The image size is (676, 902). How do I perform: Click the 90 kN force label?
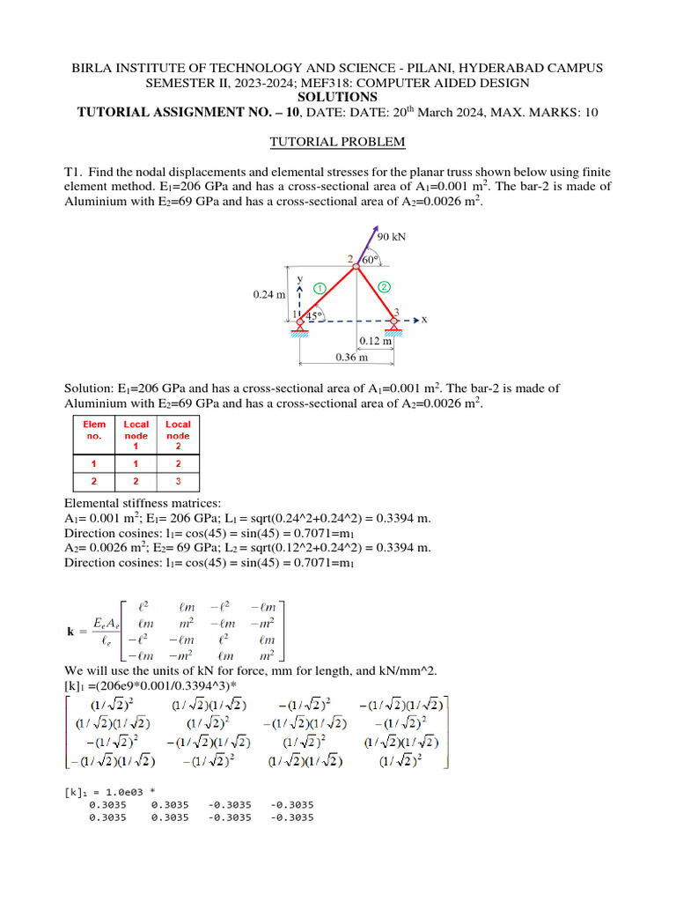tap(392, 237)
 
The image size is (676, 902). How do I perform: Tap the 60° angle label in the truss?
tap(371, 260)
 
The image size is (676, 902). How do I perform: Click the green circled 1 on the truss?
tap(320, 287)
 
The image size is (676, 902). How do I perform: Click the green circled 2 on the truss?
tap(384, 286)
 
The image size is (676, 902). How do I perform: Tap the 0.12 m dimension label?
tap(375, 341)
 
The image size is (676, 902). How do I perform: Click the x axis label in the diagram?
tap(423, 320)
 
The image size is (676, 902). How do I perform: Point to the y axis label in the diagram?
tap(300, 277)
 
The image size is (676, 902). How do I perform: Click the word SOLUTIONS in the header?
tap(338, 97)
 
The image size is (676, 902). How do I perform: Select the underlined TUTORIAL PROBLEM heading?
tap(338, 141)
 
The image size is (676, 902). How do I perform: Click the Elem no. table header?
tap(94, 430)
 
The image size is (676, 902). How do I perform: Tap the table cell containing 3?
tap(178, 482)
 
